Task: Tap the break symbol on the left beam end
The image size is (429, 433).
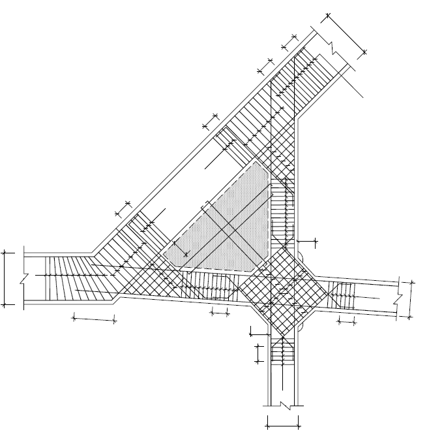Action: [x=23, y=278]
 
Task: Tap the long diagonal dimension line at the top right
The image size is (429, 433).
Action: [x=346, y=33]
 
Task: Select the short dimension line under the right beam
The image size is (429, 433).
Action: [x=346, y=322]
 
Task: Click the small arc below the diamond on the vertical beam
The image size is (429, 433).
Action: [x=302, y=324]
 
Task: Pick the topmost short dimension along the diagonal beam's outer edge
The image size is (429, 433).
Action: [x=289, y=41]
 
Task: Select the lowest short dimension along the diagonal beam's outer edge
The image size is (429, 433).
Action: [x=123, y=208]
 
